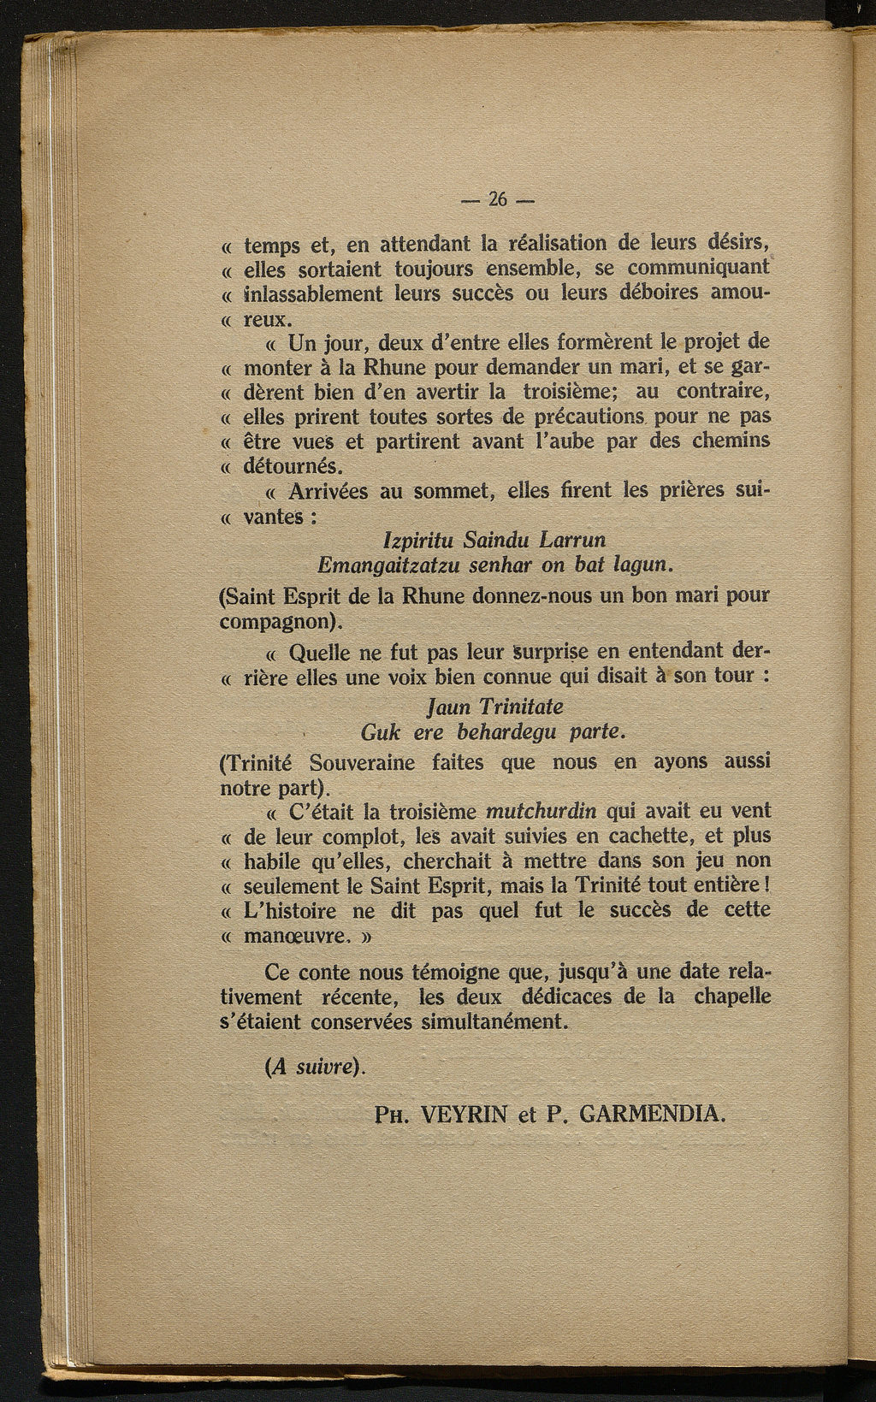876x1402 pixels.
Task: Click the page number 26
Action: pyautogui.click(x=497, y=200)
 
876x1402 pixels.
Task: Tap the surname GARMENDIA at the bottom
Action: pyautogui.click(x=652, y=1114)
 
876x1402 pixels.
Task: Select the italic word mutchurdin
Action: pyautogui.click(x=542, y=811)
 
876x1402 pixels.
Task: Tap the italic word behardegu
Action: pyautogui.click(x=507, y=733)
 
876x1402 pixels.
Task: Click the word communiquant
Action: pyautogui.click(x=701, y=269)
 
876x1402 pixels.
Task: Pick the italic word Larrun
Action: pyautogui.click(x=573, y=541)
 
